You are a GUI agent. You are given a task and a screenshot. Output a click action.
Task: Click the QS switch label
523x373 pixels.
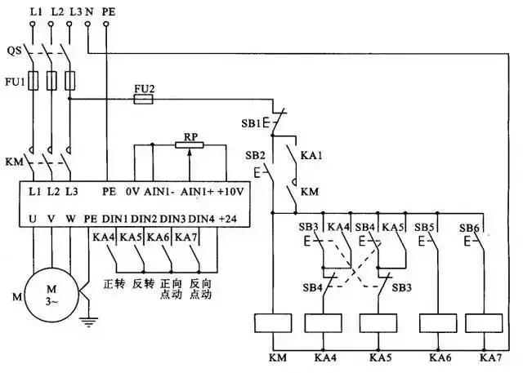(14, 51)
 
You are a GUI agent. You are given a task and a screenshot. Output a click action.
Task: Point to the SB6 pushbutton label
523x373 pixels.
(467, 227)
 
